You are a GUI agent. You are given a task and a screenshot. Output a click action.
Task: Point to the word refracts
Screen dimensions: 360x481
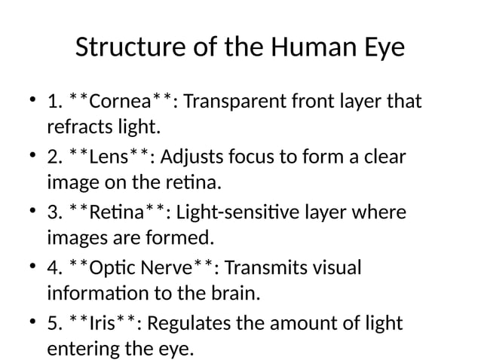pos(78,124)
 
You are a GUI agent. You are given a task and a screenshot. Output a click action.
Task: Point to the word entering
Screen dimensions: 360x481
pos(79,349)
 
